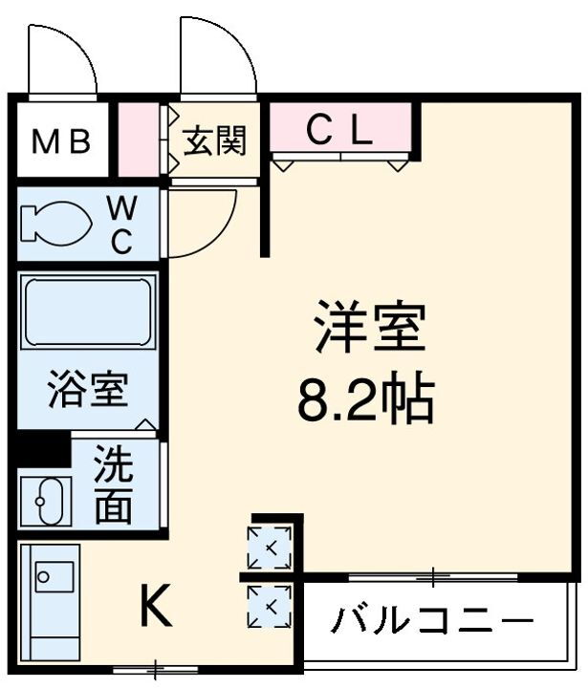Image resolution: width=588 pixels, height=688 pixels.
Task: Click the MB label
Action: pos(61,142)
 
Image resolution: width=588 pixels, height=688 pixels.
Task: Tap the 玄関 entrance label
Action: pos(215,140)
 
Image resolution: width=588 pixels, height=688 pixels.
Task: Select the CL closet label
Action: pos(338,132)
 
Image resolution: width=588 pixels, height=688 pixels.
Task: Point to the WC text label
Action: pos(121,225)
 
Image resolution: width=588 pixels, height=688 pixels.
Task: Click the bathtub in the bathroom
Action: pos(89,312)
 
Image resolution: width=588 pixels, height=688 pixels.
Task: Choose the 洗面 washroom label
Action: pos(113,486)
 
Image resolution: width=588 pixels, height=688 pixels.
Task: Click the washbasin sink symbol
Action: pos(46,499)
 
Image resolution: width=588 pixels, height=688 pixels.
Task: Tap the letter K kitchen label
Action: pos(156,605)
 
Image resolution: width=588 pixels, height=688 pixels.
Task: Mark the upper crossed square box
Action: pos(270,548)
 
